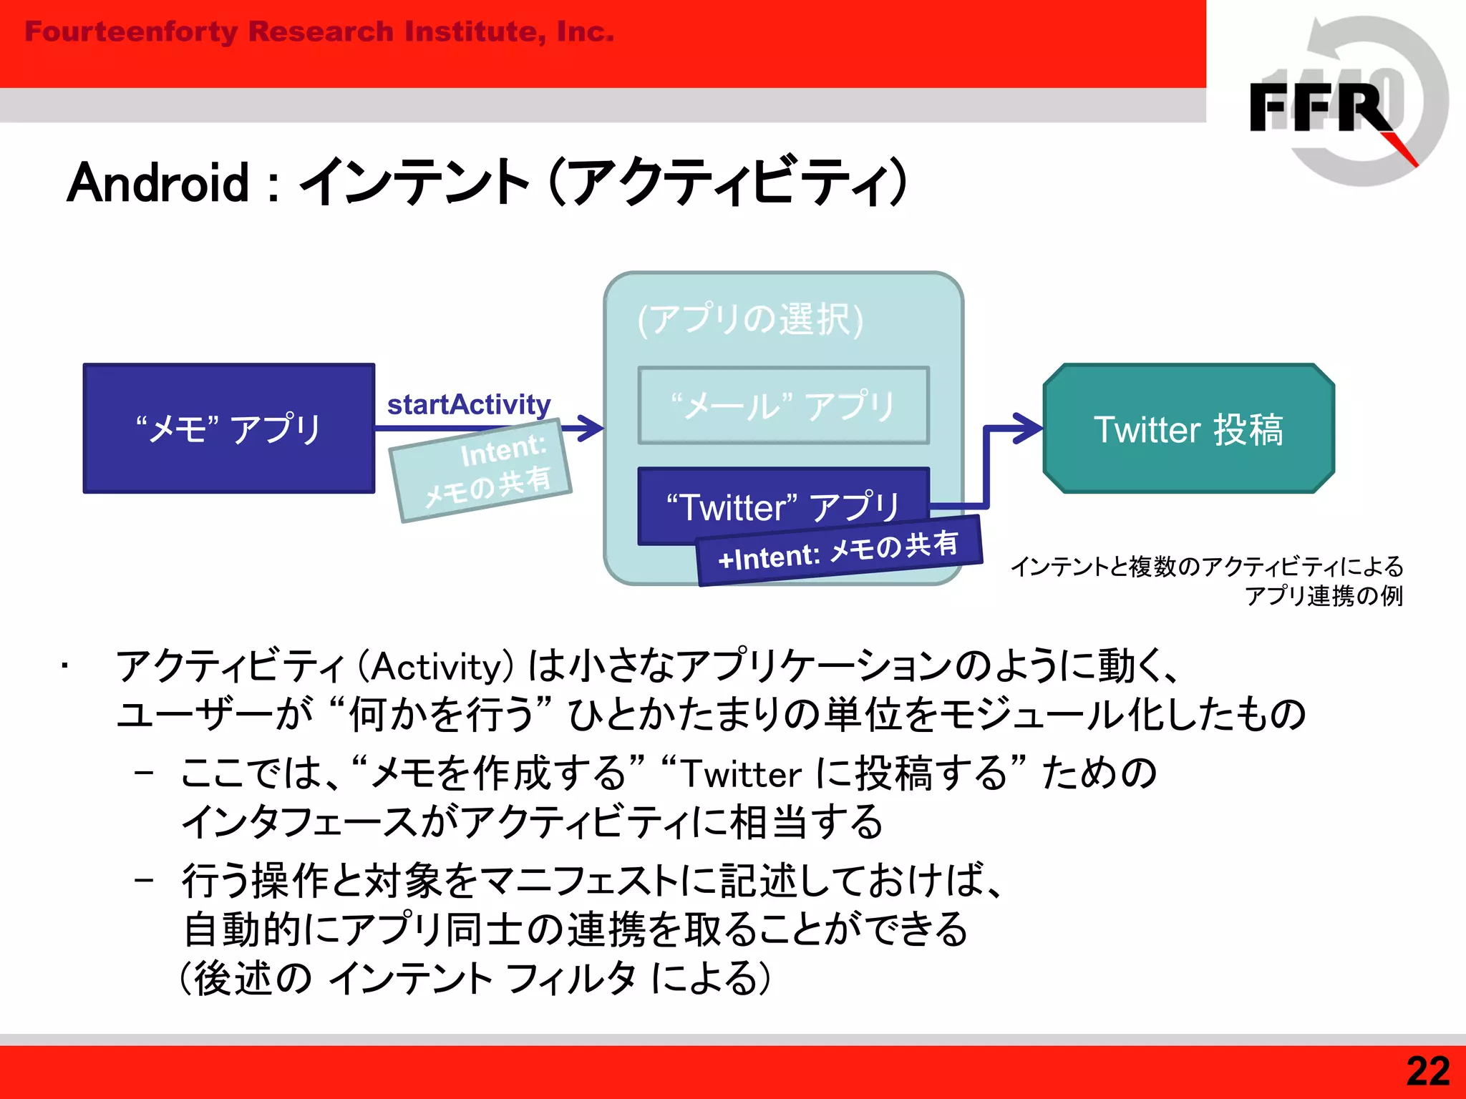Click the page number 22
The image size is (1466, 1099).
pos(1427,1072)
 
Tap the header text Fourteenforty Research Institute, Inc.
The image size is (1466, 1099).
pos(319,31)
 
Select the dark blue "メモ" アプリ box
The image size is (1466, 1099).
pos(229,428)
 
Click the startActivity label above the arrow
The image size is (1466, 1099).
pos(468,404)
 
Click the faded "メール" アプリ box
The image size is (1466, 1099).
pos(783,405)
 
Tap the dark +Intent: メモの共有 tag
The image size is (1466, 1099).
pos(839,551)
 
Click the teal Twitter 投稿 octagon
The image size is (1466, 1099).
pos(1188,429)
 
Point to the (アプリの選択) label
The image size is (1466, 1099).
pos(750,318)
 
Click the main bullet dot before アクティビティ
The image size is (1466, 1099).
pos(64,667)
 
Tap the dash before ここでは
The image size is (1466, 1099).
pos(144,773)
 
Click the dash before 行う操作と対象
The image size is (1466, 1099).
pos(144,880)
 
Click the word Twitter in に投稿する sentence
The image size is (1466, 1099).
pos(741,774)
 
